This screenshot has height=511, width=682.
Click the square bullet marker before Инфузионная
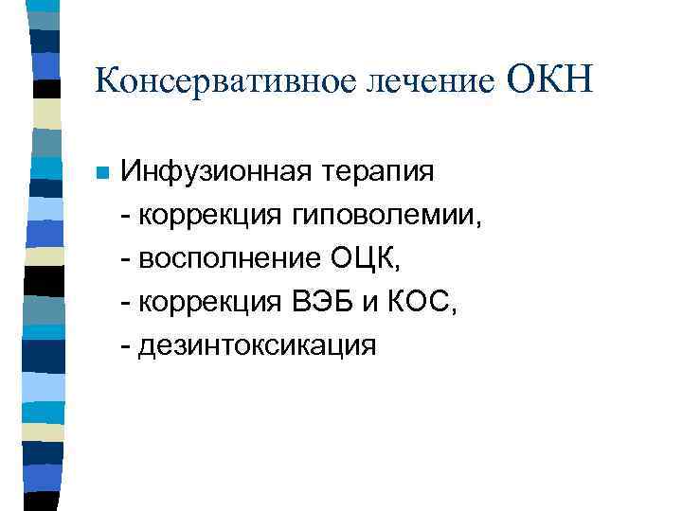pos(102,173)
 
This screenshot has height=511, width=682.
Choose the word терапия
pos(380,175)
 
